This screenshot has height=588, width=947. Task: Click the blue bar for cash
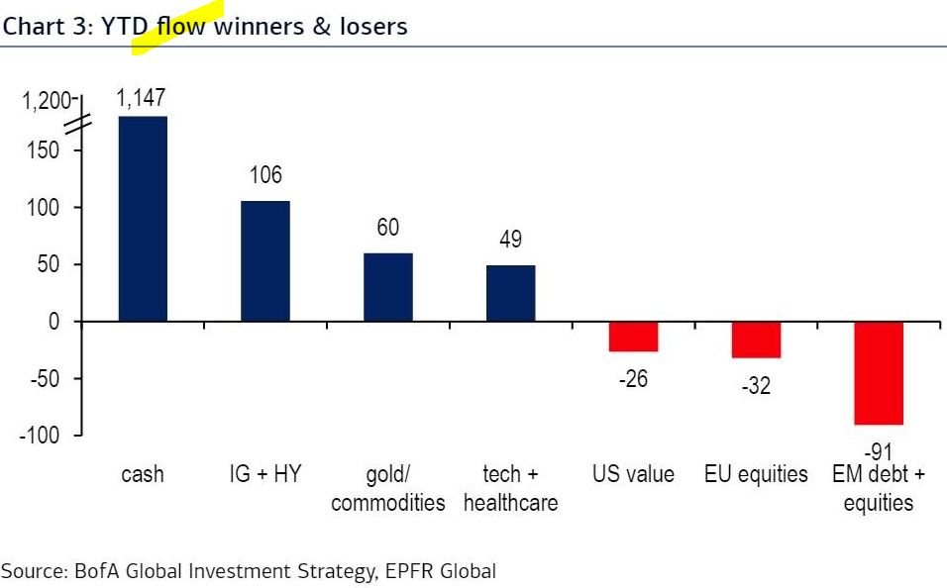tap(143, 219)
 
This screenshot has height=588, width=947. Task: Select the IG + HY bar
tap(265, 261)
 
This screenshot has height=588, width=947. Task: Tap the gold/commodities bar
tap(387, 287)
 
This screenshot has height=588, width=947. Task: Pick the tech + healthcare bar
tap(510, 293)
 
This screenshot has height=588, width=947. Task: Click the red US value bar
tap(633, 337)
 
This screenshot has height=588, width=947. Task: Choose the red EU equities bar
tap(756, 340)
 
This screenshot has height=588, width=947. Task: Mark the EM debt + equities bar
tap(879, 373)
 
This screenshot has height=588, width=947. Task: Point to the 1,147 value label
tap(141, 98)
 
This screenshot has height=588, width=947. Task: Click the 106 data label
tap(265, 176)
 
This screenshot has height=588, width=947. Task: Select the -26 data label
tap(633, 379)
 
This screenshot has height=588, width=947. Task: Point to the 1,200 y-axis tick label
tap(45, 101)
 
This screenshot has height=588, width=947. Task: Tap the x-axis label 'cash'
tap(143, 475)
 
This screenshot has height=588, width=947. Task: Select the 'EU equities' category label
tap(756, 475)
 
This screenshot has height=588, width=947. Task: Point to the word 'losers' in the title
tap(374, 27)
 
